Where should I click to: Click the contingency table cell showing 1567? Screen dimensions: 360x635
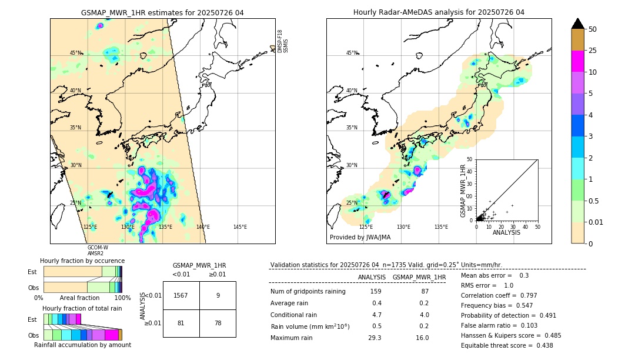tap(181, 295)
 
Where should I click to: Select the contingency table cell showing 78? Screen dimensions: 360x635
tap(218, 323)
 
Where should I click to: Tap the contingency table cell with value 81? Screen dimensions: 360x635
tap(181, 323)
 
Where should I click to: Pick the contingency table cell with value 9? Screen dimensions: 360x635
tap(218, 295)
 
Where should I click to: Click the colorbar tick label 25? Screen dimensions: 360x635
tap(593, 51)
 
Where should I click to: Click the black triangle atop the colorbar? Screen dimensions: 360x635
tap(578, 24)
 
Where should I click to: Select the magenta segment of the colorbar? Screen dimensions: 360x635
tap(578, 61)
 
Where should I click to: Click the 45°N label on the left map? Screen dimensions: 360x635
tap(75, 53)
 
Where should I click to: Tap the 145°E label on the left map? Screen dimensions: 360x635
tap(240, 227)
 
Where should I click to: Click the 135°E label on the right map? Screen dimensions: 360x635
tap(441, 227)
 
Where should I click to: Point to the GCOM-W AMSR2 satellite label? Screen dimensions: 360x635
tap(97, 251)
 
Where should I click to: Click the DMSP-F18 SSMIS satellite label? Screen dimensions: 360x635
tap(283, 41)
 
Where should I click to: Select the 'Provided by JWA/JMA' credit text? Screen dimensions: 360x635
tap(360, 237)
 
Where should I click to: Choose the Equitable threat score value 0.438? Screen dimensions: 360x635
tap(541, 345)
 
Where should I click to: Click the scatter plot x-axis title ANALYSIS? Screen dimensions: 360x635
tap(506, 232)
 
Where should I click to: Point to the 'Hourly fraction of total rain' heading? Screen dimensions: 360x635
tap(82, 308)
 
